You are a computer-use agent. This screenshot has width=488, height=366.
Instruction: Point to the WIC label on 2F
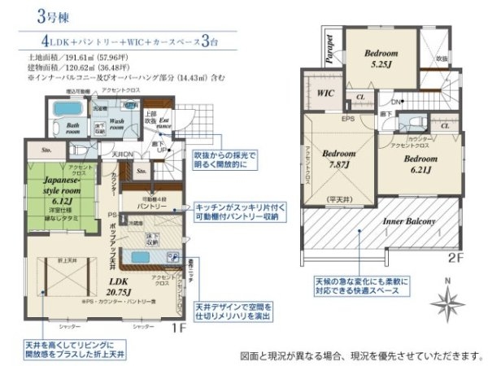[x=326, y=92]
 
